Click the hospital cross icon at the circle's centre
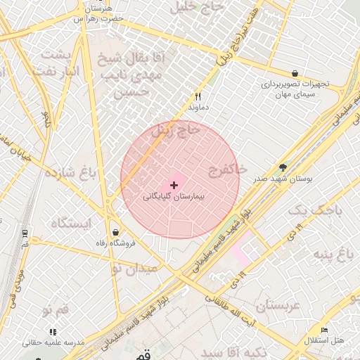174,184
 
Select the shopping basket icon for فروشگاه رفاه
115,232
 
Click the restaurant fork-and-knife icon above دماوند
198,96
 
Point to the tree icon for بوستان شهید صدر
283,167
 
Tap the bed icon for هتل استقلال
324,330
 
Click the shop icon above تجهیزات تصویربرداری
294,73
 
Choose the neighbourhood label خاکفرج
227,169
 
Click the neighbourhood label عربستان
277,305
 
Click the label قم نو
55,309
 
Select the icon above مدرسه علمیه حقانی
53,331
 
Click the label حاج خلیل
195,6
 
